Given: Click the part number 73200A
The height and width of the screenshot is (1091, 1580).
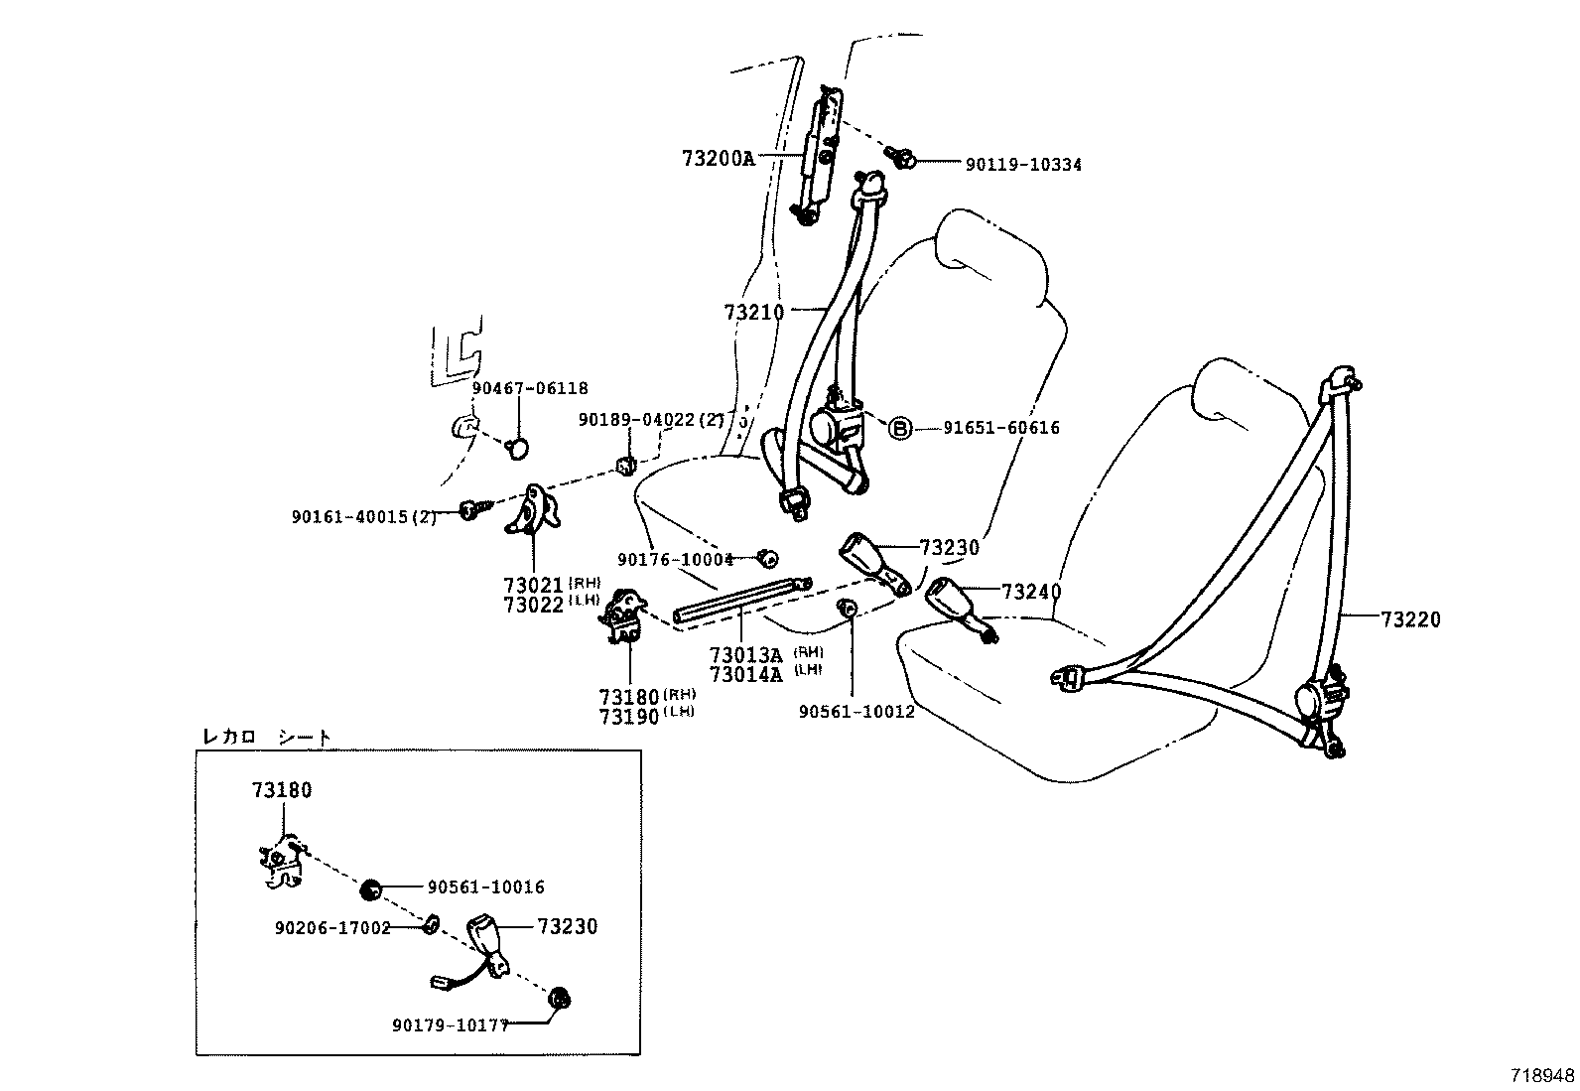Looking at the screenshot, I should tap(719, 158).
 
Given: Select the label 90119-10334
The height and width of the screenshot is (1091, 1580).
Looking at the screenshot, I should tap(1023, 165).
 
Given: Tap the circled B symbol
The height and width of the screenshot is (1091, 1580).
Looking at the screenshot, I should tap(898, 428).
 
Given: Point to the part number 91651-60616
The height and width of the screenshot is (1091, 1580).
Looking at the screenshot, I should tap(1000, 428).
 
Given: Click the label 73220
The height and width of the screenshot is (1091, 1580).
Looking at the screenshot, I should tap(1409, 619).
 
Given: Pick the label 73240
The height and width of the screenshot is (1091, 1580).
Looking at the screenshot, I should tap(1031, 592).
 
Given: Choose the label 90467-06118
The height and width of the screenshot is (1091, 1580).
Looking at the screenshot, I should tap(530, 389).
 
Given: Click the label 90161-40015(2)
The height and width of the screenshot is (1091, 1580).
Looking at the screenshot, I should tap(364, 516).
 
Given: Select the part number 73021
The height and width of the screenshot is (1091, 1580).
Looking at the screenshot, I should tap(533, 585).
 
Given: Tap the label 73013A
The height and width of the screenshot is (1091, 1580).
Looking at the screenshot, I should tap(746, 654).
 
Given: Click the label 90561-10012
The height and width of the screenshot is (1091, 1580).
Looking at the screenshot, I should tap(856, 711).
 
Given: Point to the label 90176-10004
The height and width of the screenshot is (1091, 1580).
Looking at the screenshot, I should tap(675, 560).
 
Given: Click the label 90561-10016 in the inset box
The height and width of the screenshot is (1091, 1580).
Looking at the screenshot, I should tap(486, 887).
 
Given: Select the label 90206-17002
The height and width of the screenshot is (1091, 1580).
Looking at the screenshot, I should tap(332, 927).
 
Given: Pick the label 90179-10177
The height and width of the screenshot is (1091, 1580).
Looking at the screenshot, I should tap(451, 1025).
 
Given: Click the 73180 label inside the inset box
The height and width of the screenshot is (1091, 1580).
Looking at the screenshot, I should tap(282, 790).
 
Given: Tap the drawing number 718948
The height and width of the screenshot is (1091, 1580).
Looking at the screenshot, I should tap(1542, 1075).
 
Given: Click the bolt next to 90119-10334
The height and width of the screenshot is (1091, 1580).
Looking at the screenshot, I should tap(904, 156).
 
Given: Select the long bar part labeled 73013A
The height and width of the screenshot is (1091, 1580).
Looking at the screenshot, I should tap(739, 603).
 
